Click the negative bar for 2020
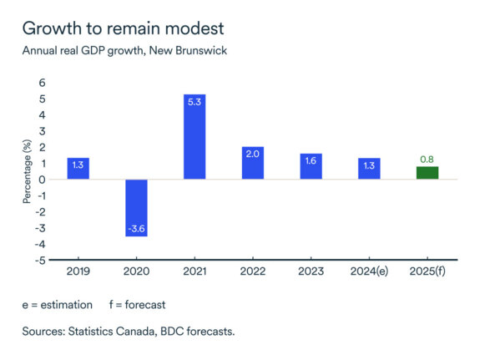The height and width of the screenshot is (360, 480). (136, 208)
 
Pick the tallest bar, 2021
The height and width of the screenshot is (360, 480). (195, 137)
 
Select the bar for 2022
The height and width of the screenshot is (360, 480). (253, 163)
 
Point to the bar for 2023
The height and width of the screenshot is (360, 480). (311, 166)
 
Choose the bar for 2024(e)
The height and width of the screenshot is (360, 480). (369, 169)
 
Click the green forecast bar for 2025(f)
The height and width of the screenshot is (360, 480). (427, 173)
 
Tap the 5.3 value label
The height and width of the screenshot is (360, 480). (195, 102)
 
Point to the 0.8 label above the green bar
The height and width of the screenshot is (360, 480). (427, 159)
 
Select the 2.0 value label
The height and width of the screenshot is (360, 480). (253, 155)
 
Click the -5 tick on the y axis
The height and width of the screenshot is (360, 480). (42, 261)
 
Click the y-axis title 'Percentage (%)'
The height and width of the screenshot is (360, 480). (27, 172)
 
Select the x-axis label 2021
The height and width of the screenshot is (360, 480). (195, 273)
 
